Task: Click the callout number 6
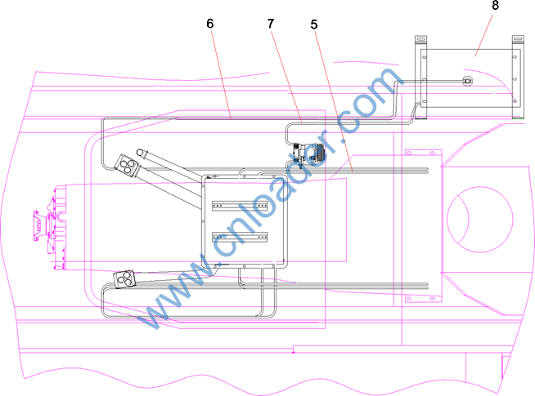coord(210,24)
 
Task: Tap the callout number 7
coord(271,24)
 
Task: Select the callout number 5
coord(314,24)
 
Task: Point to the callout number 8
coord(495,6)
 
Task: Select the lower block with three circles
coord(124,279)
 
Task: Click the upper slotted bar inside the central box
coord(240,206)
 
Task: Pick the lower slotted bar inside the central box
coord(240,237)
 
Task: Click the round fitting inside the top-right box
coord(467,81)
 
